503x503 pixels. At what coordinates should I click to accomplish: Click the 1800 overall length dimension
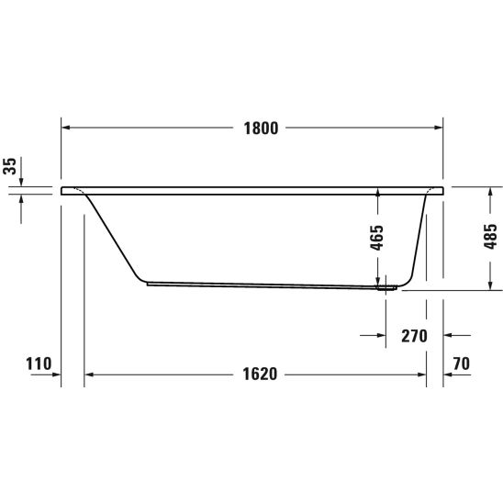[x=261, y=129]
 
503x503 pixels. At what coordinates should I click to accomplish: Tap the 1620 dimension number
[x=260, y=374]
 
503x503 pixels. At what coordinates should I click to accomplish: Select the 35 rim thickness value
[x=9, y=166]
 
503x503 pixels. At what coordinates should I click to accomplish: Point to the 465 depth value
[x=376, y=238]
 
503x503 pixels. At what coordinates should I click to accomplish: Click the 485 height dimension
[x=490, y=237]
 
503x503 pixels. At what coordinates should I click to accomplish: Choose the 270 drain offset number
[x=414, y=336]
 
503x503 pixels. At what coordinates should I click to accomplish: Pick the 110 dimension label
[x=39, y=363]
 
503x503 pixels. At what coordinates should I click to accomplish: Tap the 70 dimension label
[x=462, y=363]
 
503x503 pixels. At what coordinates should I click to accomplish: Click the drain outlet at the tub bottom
[x=386, y=288]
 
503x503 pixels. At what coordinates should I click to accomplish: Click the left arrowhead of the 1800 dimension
[x=65, y=128]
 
